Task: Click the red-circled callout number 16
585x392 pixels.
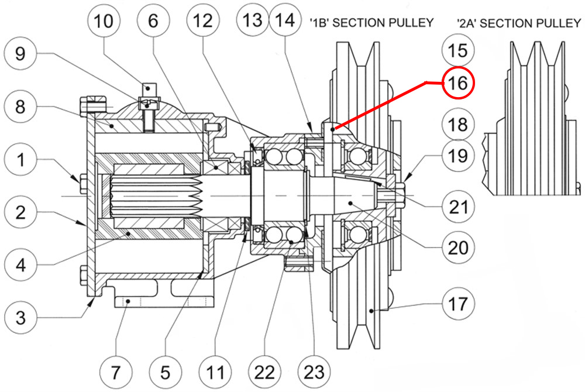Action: [x=458, y=84]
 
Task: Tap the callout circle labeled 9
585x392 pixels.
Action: [x=20, y=54]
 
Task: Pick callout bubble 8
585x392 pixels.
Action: [x=20, y=107]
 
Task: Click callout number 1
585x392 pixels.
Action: [x=20, y=160]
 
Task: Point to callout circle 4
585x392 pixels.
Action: [x=20, y=265]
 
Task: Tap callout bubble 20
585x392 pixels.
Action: [x=458, y=247]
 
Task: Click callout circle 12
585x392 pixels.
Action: [x=203, y=22]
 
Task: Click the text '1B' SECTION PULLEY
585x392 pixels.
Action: [x=371, y=23]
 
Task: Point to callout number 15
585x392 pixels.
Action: [x=458, y=50]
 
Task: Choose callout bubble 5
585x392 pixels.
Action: [x=166, y=371]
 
